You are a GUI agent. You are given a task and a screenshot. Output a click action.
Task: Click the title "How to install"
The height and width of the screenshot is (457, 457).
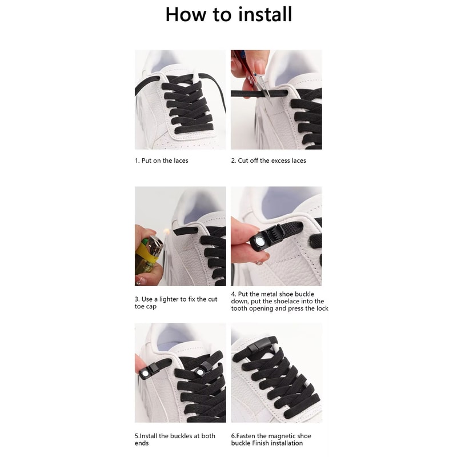tap(228, 14)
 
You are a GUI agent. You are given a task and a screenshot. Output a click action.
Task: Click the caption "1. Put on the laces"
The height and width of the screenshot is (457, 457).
tap(162, 161)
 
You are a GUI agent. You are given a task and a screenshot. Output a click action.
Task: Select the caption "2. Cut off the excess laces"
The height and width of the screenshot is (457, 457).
tap(268, 161)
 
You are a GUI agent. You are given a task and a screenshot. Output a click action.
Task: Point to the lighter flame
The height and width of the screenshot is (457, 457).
tap(166, 232)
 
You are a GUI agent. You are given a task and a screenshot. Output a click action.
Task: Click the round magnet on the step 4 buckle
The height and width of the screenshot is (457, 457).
tap(259, 240)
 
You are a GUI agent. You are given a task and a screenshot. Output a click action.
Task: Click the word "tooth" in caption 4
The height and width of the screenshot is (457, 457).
tap(239, 308)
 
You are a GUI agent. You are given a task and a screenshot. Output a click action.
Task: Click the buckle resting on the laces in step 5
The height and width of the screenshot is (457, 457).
tap(202, 370)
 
